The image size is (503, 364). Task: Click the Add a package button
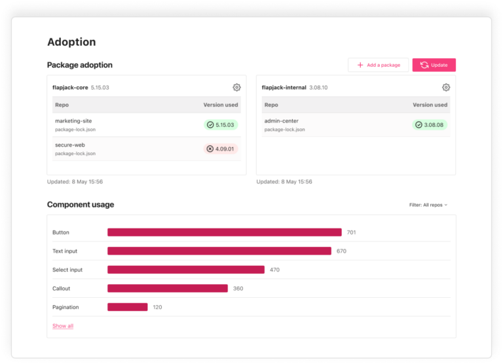click(379, 65)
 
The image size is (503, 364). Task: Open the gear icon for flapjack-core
click(236, 87)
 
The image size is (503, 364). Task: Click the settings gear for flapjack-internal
click(446, 87)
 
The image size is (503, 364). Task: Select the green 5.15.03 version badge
click(221, 124)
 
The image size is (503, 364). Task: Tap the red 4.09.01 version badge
click(221, 149)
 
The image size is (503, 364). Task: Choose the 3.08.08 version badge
click(430, 124)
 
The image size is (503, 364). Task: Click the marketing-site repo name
click(73, 121)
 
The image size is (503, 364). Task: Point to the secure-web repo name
click(70, 145)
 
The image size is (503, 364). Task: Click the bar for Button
click(224, 232)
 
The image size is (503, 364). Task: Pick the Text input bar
click(219, 251)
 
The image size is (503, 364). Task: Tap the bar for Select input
click(185, 270)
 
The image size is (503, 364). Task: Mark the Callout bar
click(167, 288)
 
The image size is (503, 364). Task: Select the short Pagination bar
click(127, 307)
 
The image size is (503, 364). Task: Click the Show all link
click(63, 326)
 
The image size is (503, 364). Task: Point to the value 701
click(352, 232)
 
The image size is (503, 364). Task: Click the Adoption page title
click(71, 42)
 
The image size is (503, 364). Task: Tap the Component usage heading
click(81, 204)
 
